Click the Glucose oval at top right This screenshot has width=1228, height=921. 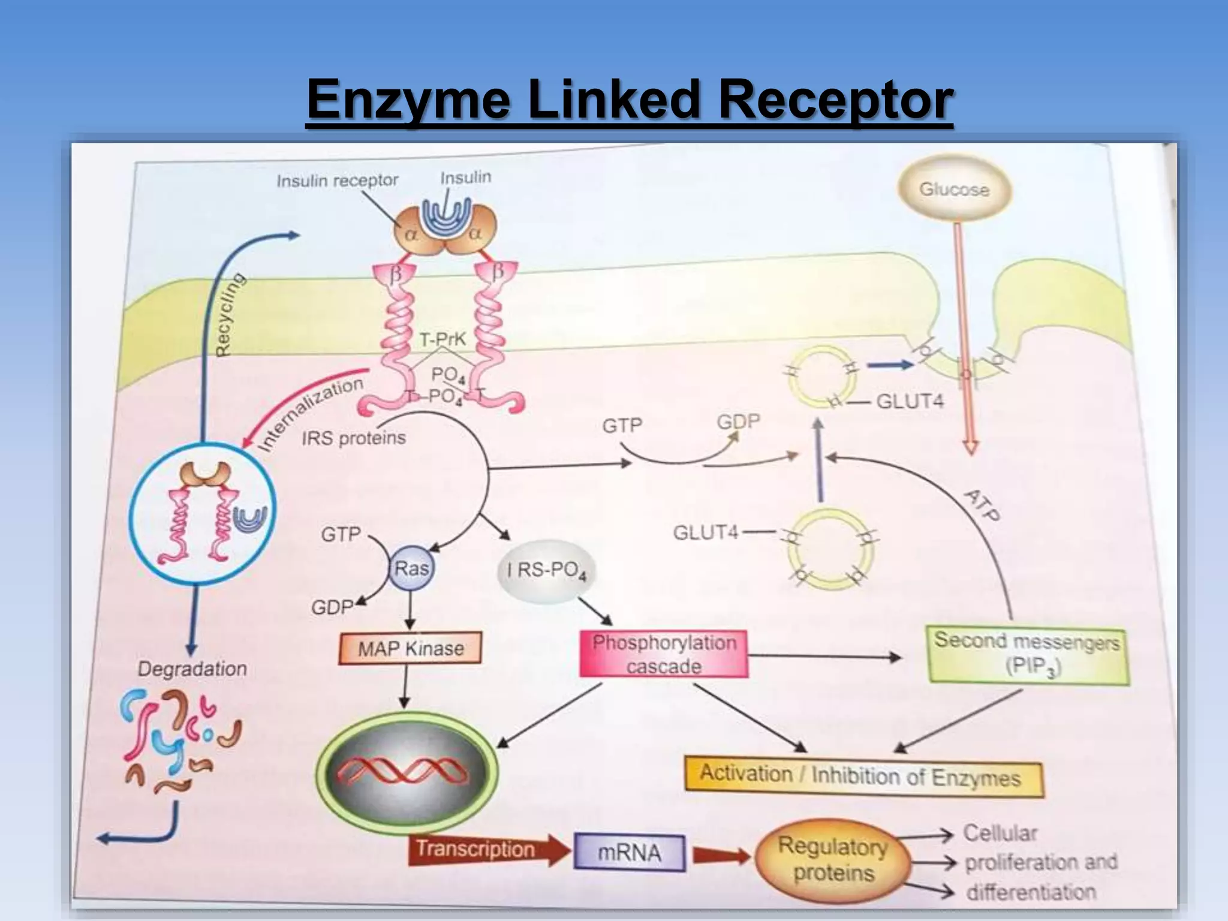pyautogui.click(x=954, y=189)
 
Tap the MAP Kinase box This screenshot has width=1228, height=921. pyautogui.click(x=411, y=648)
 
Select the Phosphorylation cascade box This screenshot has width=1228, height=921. pyautogui.click(x=664, y=654)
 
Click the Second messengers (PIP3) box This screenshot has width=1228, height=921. pyautogui.click(x=1028, y=655)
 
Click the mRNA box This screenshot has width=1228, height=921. pyautogui.click(x=629, y=852)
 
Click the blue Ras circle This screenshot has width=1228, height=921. pyautogui.click(x=411, y=568)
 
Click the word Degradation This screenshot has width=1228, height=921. pyautogui.click(x=192, y=669)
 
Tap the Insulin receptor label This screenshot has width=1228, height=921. pyautogui.click(x=337, y=180)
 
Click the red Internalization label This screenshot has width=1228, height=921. pyautogui.click(x=310, y=413)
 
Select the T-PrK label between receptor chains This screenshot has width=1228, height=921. pyautogui.click(x=443, y=340)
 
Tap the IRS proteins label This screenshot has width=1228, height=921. pyautogui.click(x=354, y=438)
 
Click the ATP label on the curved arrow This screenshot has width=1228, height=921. pyautogui.click(x=982, y=505)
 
